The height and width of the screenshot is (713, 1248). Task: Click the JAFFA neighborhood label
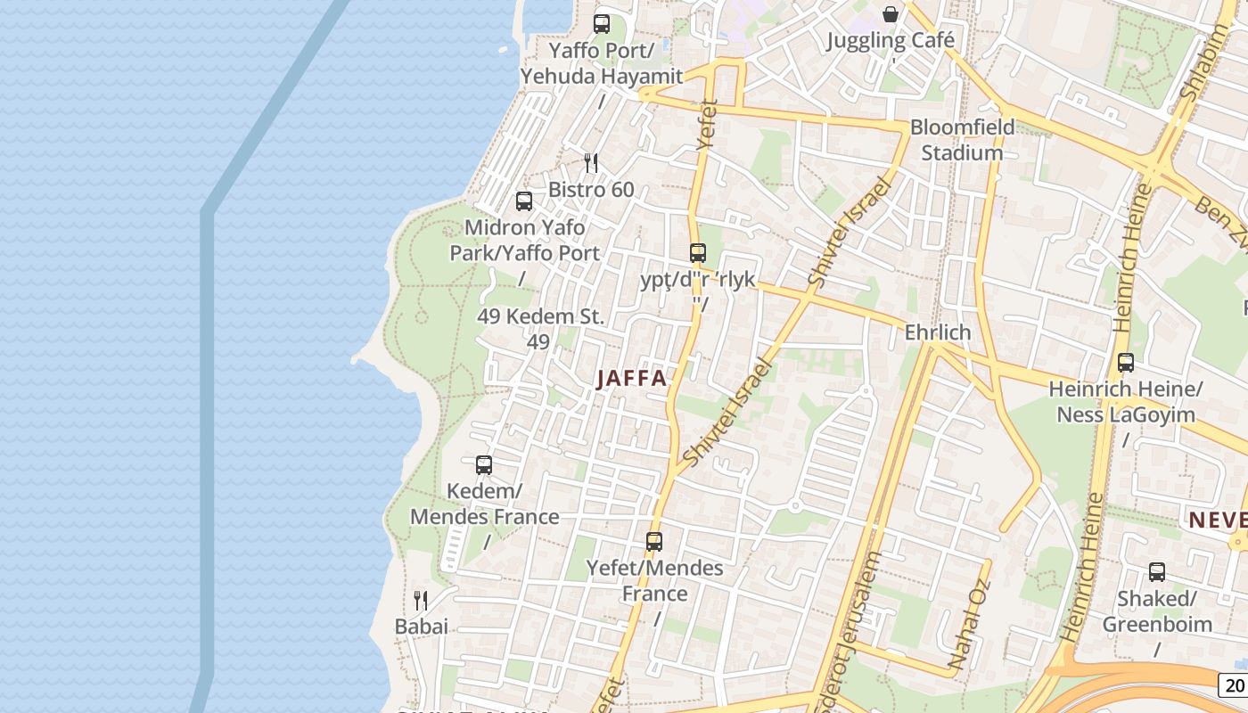632,378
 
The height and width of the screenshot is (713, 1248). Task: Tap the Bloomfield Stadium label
962,140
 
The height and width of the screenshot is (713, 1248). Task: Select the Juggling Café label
891,40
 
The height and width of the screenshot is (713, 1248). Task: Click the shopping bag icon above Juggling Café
890,13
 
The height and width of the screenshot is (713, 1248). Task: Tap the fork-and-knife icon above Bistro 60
590,162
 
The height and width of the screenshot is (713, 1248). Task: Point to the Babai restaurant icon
421,600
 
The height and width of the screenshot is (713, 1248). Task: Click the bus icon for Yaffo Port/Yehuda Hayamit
602,24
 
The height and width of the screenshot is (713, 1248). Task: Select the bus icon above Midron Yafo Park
524,201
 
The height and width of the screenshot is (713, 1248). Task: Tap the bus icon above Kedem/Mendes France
484,465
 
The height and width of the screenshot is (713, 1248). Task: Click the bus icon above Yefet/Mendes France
654,541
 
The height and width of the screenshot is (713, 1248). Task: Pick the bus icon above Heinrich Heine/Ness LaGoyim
1126,363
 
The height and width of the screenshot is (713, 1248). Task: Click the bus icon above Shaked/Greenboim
1157,572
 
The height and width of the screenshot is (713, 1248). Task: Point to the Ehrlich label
937,332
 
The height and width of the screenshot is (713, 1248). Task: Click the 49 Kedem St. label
540,316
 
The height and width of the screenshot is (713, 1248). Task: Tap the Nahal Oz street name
970,626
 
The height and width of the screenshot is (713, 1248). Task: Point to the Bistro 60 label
591,189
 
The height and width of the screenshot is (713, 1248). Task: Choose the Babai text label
422,627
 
